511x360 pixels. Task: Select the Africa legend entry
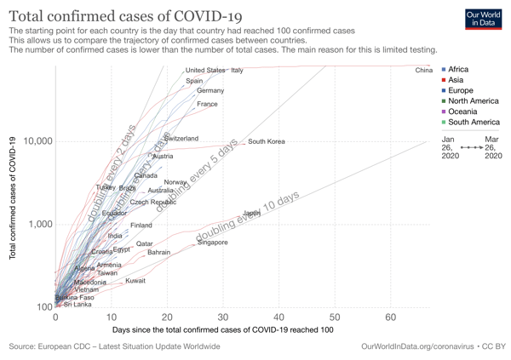point(457,70)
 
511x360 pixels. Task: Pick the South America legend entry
point(470,123)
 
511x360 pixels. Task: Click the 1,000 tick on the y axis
point(39,225)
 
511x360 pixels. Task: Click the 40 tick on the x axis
point(278,317)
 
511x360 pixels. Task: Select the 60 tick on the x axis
point(390,317)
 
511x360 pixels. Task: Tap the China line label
point(424,70)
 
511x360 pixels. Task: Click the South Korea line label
point(266,141)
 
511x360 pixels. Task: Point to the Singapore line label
point(212,243)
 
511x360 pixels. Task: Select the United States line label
point(205,71)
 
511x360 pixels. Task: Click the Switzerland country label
point(181,138)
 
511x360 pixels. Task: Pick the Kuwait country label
point(135,280)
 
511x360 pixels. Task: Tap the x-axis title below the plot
point(222,329)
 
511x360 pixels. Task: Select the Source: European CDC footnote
point(114,346)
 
